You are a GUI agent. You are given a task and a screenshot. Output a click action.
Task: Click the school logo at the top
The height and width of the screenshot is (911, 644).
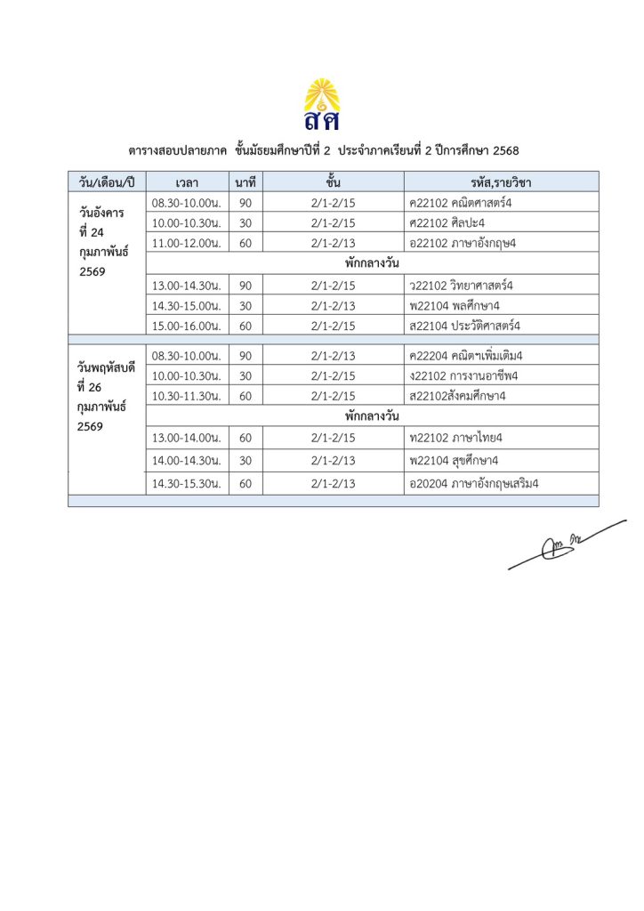pyautogui.click(x=322, y=103)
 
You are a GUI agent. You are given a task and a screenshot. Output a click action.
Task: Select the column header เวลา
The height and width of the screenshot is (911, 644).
pyautogui.click(x=187, y=182)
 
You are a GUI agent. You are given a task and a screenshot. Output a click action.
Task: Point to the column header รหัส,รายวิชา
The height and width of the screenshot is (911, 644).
pyautogui.click(x=501, y=182)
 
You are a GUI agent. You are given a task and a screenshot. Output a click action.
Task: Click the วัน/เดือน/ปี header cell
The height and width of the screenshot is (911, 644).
pyautogui.click(x=107, y=182)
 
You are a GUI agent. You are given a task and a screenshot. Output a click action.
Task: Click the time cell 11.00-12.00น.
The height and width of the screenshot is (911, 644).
pyautogui.click(x=187, y=241)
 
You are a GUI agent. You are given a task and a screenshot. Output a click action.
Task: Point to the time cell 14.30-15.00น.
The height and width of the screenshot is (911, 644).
pyautogui.click(x=187, y=305)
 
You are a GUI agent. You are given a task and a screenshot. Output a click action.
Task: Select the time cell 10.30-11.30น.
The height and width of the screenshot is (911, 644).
pyautogui.click(x=187, y=395)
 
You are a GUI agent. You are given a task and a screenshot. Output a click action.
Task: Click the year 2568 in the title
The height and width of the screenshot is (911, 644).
pyautogui.click(x=505, y=149)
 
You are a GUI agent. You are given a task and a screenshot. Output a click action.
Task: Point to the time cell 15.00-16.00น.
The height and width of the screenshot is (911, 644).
pyautogui.click(x=187, y=325)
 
